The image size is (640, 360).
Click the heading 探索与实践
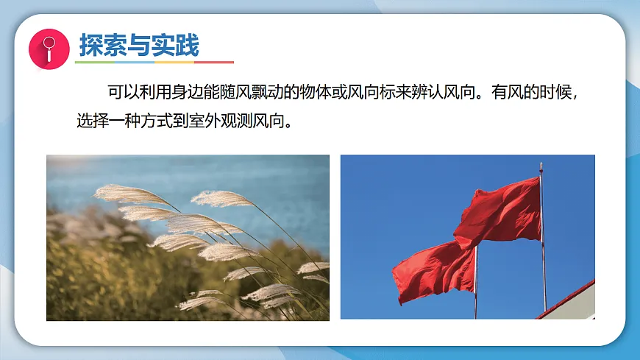point(139,46)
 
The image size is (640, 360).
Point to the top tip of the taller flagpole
point(541,165)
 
